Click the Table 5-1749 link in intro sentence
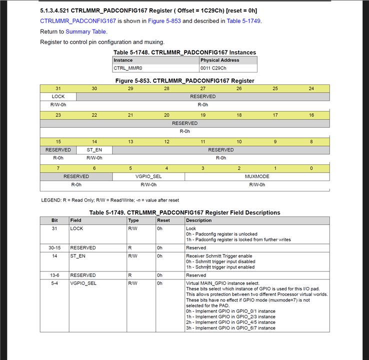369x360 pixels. [243, 21]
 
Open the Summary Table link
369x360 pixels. [85, 31]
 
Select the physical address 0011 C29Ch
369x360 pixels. [213, 68]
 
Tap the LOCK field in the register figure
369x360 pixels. [58, 96]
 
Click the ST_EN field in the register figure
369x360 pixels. [94, 149]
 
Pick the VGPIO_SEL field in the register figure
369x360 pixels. [148, 176]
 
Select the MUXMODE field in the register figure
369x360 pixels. [257, 176]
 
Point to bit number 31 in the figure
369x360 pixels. [58, 88]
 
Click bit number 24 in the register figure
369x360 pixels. [311, 88]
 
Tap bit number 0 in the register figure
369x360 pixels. [311, 168]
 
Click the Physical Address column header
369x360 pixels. [219, 60]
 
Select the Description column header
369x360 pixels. [199, 220]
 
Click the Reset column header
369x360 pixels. [163, 220]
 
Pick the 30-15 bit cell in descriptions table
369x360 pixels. [55, 247]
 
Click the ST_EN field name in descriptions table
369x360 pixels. [77, 256]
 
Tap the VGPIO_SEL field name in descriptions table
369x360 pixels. [83, 283]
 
